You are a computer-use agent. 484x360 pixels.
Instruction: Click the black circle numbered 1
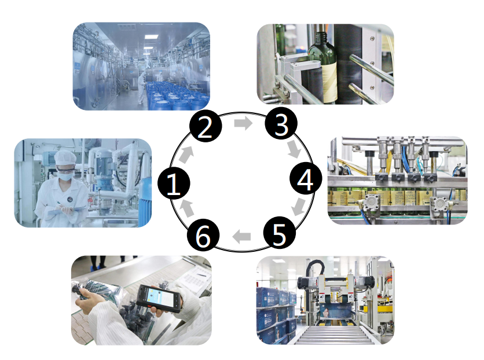pos(174,183)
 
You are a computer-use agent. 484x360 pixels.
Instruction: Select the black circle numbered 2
pos(206,126)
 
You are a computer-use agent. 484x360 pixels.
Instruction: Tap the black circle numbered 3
pos(281,123)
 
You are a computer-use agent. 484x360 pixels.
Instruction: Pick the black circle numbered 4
pos(306,178)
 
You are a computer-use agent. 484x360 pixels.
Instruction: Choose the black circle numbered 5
pos(280,233)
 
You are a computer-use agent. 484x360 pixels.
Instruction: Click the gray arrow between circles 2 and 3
pos(243,123)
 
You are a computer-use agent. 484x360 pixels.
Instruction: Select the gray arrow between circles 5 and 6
pos(241,237)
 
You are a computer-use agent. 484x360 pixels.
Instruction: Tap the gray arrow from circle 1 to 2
pos(186,155)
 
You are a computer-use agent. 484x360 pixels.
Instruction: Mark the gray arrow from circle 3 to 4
pos(295,149)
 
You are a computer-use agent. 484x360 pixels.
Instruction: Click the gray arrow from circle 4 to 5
pos(298,207)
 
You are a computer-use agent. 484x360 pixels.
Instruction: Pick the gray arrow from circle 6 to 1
pos(187,209)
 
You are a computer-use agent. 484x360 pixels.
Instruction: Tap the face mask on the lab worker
pos(66,176)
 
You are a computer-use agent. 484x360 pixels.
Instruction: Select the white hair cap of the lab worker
pos(65,157)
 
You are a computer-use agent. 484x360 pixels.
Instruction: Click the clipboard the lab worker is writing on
pos(67,212)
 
